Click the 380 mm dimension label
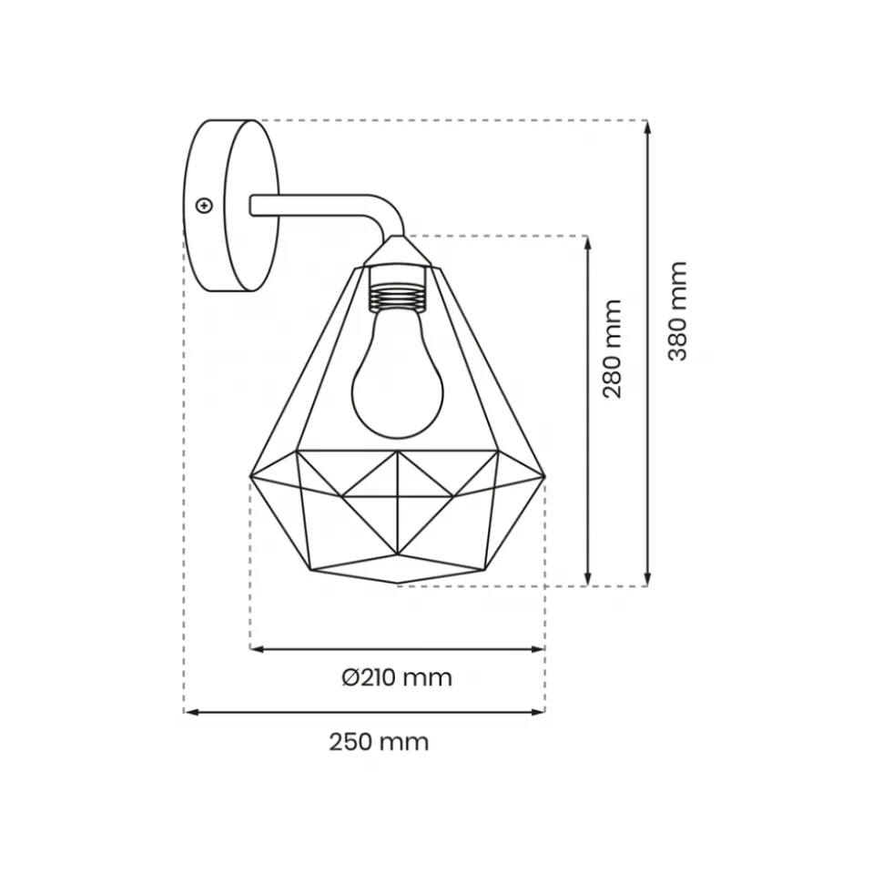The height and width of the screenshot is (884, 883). [x=677, y=311]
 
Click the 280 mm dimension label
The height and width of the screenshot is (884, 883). [x=612, y=349]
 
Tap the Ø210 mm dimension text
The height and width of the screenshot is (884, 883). [x=397, y=677]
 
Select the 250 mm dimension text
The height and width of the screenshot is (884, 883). [x=379, y=742]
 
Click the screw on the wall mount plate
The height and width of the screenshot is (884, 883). [x=204, y=206]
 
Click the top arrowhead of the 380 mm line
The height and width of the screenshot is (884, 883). [x=647, y=127]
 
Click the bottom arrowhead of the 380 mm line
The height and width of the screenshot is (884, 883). [x=647, y=579]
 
